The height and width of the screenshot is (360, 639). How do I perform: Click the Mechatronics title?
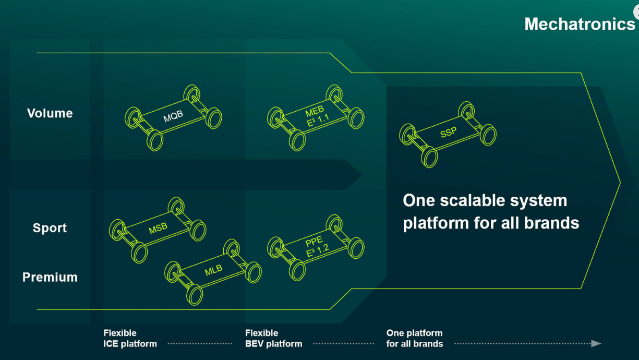[579, 24]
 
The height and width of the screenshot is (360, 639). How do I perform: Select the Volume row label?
[50, 113]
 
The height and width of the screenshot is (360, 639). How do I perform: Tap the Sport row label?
[50, 228]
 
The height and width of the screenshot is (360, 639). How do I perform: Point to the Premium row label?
[50, 277]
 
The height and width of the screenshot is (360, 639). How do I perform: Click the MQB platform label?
[173, 117]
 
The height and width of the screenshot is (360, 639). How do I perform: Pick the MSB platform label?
[158, 228]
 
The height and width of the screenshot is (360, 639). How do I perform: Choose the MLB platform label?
[213, 270]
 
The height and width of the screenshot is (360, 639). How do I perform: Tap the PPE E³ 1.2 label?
[317, 246]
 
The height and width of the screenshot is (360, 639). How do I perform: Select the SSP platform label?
[448, 133]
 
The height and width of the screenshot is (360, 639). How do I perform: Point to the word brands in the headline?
[554, 223]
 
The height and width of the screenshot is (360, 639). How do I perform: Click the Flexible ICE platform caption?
[130, 338]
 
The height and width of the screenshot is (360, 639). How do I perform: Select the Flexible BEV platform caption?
[273, 338]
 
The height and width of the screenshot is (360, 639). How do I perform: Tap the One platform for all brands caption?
[415, 338]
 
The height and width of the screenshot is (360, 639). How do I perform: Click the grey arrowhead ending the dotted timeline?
[596, 343]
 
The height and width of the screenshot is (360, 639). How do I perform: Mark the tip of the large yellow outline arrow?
[620, 183]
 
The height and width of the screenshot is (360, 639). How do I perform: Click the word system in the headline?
[541, 201]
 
